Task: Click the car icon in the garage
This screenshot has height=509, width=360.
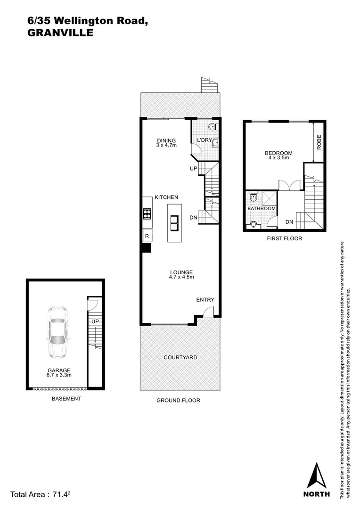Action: coord(56,333)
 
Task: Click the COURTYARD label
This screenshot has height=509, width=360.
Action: coord(180,358)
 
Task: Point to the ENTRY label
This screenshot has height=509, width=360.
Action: coord(205,300)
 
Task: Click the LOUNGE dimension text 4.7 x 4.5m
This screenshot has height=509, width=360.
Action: coord(181,277)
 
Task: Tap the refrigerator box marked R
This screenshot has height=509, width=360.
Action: coord(147,236)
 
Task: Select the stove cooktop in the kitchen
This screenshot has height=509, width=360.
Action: coord(147,214)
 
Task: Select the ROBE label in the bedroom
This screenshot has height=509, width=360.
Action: coord(319,142)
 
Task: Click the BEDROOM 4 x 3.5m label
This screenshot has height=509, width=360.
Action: coord(278,155)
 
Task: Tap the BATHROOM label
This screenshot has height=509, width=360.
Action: coord(262,208)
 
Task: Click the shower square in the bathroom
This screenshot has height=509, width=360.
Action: coord(269,197)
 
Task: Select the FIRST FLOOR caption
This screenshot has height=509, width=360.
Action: coord(284,238)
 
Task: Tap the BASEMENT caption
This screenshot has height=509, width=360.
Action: coord(66,398)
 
